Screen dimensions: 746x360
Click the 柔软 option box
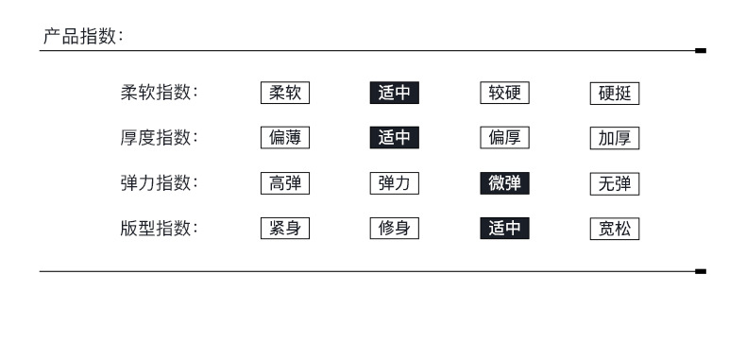point(285,93)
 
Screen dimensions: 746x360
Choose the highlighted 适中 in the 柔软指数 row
point(395,93)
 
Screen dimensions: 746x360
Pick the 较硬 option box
point(505,93)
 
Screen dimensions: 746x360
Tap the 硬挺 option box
point(615,94)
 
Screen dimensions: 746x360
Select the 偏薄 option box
point(285,138)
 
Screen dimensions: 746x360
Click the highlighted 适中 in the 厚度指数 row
point(395,138)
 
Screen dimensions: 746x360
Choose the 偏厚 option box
point(505,138)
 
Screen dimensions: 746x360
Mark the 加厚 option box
point(615,138)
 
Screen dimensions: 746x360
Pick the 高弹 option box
point(285,183)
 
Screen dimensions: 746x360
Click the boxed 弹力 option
point(395,183)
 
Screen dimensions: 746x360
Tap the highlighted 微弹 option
point(505,183)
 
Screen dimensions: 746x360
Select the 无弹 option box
point(615,184)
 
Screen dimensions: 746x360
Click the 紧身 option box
point(285,229)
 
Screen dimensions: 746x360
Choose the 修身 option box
point(395,229)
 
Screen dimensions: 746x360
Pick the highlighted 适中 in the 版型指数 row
point(505,229)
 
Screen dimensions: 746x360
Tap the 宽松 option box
point(615,229)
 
